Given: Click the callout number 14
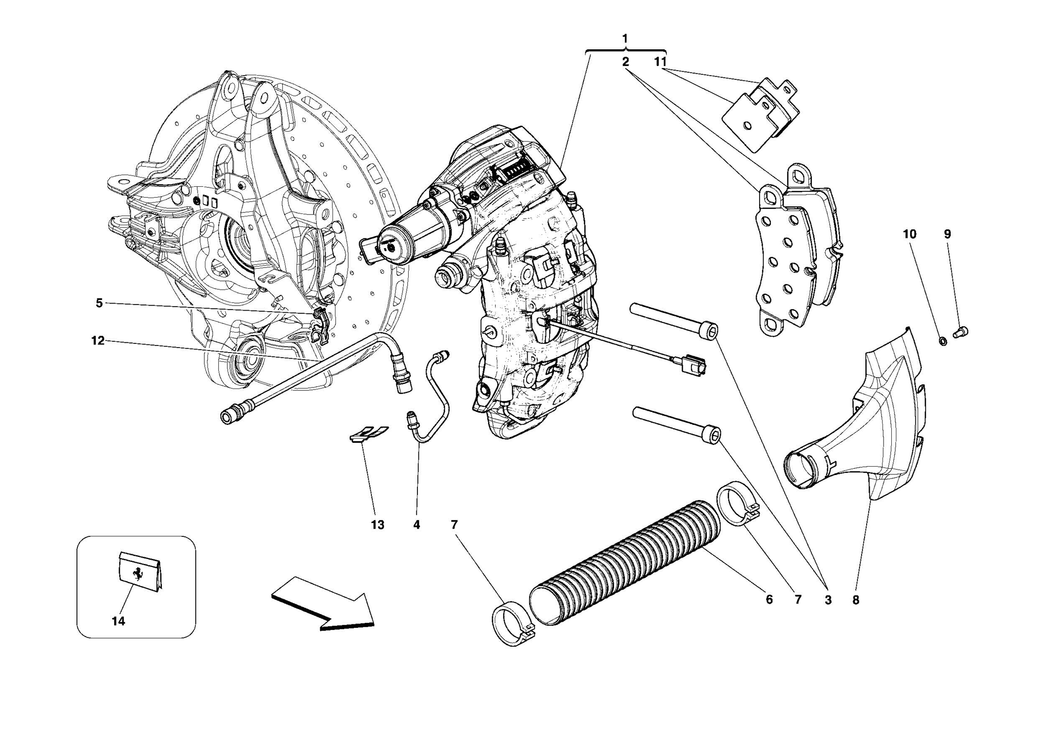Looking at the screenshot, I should pyautogui.click(x=118, y=621).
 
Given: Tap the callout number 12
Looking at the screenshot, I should pyautogui.click(x=98, y=340).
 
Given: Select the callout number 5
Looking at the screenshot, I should pyautogui.click(x=99, y=303).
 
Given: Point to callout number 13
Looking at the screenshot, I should pyautogui.click(x=377, y=525).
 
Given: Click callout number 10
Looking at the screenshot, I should pyautogui.click(x=909, y=234).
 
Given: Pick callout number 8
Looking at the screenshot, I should pyautogui.click(x=855, y=600).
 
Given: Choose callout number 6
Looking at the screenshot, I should pyautogui.click(x=769, y=599).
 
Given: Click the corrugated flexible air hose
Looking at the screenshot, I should pyautogui.click(x=625, y=563).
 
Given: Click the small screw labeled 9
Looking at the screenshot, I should pyautogui.click(x=961, y=332).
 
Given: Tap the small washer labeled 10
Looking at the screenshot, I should pyautogui.click(x=942, y=340).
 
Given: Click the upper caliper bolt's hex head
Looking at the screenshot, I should pyautogui.click(x=709, y=330).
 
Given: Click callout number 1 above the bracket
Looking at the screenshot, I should pyautogui.click(x=625, y=38).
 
